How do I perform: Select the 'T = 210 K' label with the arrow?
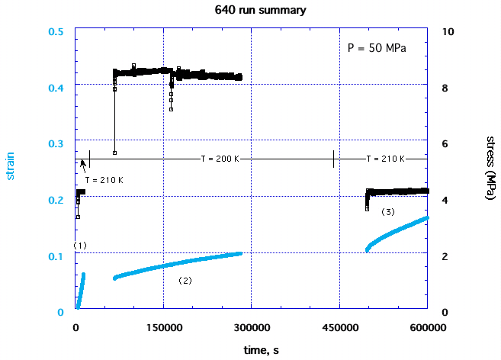104,180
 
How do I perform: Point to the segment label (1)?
80,246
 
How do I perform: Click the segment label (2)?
185,281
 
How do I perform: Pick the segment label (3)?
387,211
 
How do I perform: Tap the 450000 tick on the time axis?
339,326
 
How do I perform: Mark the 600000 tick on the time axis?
428,326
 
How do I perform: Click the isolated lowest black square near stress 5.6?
114,153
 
